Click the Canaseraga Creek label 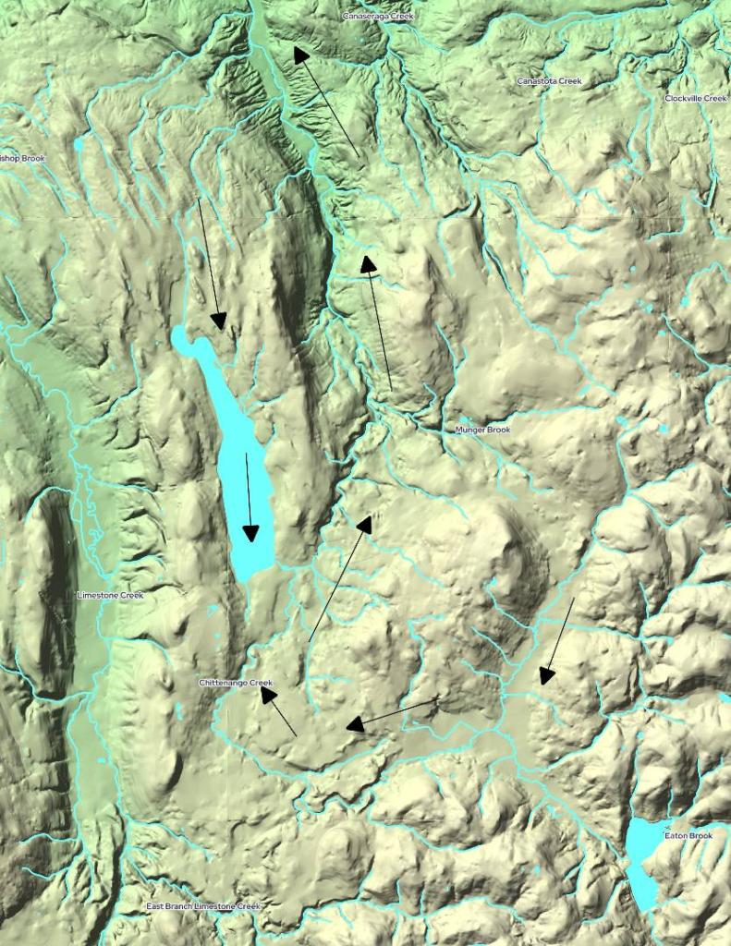click(378, 17)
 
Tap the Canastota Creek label click(549, 81)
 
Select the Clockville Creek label click(695, 98)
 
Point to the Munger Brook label click(482, 430)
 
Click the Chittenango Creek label click(236, 683)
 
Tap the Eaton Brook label click(688, 836)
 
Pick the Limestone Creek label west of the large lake click(110, 595)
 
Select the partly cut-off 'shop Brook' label click(22, 158)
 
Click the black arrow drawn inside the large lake click(249, 497)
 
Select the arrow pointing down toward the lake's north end click(210, 263)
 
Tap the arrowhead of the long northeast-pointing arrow click(364, 524)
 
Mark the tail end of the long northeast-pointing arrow click(309, 641)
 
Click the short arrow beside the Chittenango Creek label click(278, 710)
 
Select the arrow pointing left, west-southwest click(393, 713)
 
